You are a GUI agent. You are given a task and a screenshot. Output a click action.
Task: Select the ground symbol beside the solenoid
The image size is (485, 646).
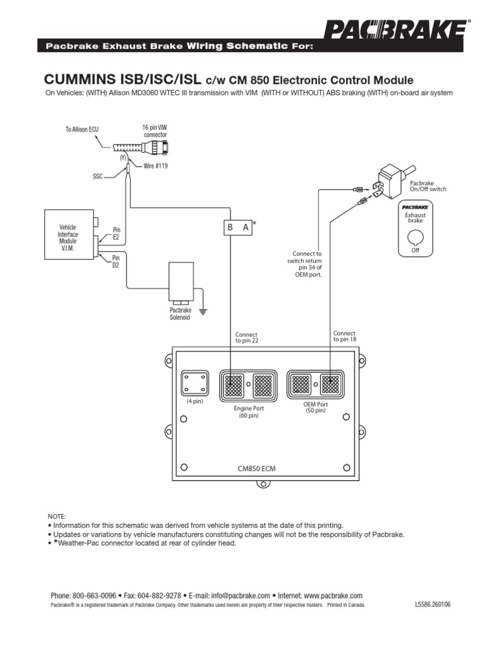coord(204,310)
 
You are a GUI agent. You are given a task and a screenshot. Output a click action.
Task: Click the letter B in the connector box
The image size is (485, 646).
coord(230,228)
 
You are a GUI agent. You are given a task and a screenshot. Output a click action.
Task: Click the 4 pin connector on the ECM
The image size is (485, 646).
coord(194,384)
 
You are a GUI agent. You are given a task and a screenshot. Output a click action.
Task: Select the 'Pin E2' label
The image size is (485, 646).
coord(116,233)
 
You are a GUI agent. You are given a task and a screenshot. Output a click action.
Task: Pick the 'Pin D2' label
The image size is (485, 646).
coord(116,261)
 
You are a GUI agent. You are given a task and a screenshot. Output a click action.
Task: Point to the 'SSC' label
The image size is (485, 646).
coord(97,178)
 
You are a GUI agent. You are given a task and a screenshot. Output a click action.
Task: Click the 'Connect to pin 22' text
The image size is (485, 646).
coord(246,338)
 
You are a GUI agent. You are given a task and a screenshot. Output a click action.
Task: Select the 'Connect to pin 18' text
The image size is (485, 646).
coord(344,336)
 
